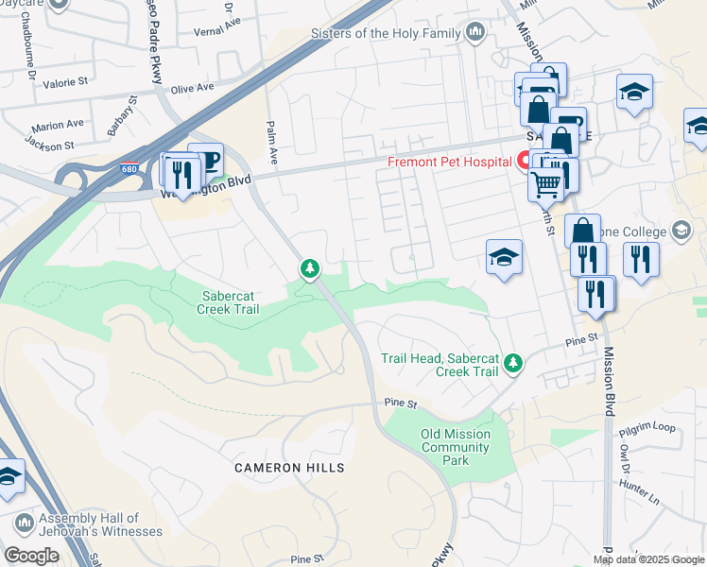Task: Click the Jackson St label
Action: (x=50, y=146)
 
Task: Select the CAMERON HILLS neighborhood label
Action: (x=290, y=468)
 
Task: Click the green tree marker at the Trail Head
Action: (x=512, y=363)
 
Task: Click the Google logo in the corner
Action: (x=31, y=556)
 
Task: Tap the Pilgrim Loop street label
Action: (x=647, y=428)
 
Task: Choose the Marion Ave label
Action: (x=57, y=125)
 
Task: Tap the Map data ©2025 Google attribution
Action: (x=648, y=559)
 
